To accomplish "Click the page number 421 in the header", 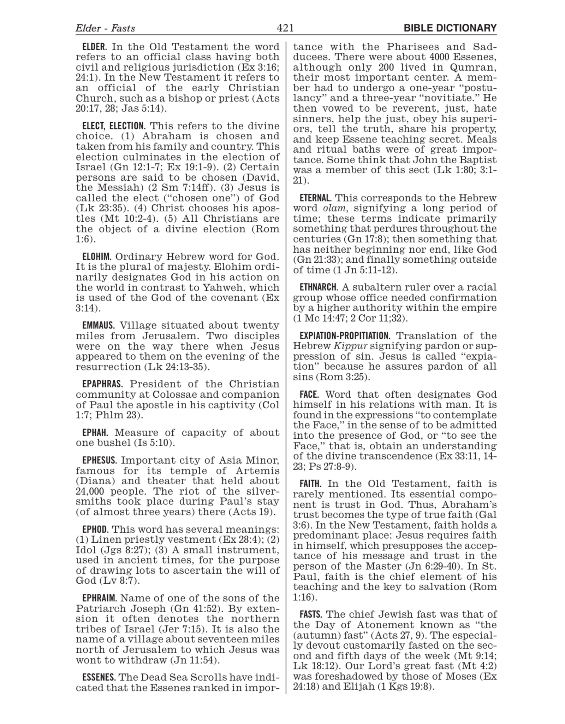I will click(285, 28).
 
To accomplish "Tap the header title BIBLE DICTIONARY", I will click(450, 28).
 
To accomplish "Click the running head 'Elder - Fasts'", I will click(105, 28).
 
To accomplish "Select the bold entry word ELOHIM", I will click(96, 256).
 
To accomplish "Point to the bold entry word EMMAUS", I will click(99, 325).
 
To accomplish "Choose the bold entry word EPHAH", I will click(95, 432).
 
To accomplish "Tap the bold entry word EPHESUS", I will click(99, 460).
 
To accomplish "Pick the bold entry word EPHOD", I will click(95, 530).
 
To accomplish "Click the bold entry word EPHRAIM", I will click(99, 598).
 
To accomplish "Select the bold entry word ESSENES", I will click(99, 678).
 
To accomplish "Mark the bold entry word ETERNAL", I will click(315, 198).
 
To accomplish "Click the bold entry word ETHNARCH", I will click(319, 287).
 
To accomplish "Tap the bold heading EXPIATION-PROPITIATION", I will click(345, 335).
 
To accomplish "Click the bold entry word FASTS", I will click(311, 615).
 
